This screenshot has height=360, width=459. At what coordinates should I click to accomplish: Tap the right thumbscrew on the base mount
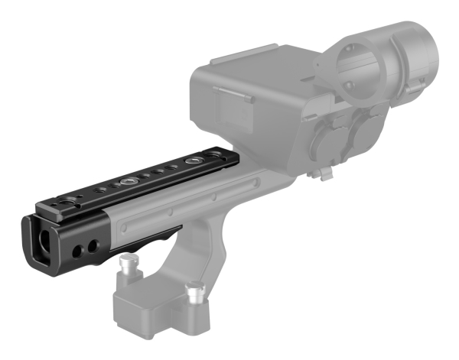pos(194,290)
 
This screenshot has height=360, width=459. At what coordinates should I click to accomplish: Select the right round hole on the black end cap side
pos(93,245)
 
